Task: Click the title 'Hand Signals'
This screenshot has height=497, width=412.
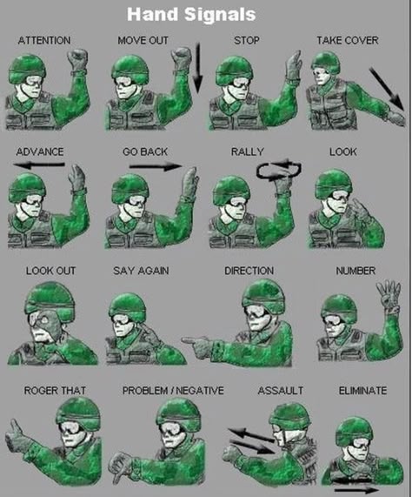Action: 191,15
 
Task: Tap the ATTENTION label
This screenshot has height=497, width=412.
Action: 44,41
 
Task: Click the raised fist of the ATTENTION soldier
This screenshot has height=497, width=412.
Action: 77,59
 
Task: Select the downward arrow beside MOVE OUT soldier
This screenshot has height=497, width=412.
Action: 197,68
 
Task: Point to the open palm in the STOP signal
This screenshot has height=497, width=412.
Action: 294,66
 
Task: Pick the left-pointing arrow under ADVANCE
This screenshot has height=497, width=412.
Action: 39,165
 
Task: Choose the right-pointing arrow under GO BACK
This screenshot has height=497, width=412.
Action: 156,166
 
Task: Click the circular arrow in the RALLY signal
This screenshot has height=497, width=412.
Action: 279,170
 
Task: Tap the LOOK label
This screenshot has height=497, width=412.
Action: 343,151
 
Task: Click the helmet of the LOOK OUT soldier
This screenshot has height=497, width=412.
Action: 50,301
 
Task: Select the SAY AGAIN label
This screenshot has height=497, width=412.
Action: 141,271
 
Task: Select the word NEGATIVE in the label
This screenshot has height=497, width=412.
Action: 200,391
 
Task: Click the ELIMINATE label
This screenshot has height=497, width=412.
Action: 362,391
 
